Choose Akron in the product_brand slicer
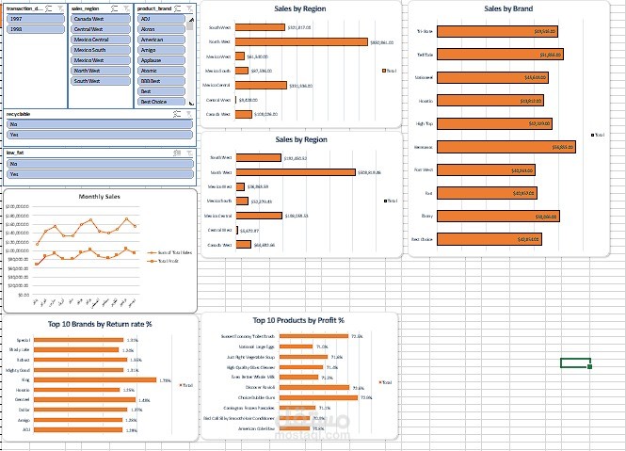point(163,29)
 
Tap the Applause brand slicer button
point(163,60)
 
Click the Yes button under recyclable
point(98,135)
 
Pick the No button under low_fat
point(98,163)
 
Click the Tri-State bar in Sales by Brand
point(499,31)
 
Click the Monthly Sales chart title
point(99,197)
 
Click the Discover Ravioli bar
point(315,387)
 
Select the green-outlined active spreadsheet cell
point(574,362)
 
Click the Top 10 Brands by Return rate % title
point(100,324)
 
